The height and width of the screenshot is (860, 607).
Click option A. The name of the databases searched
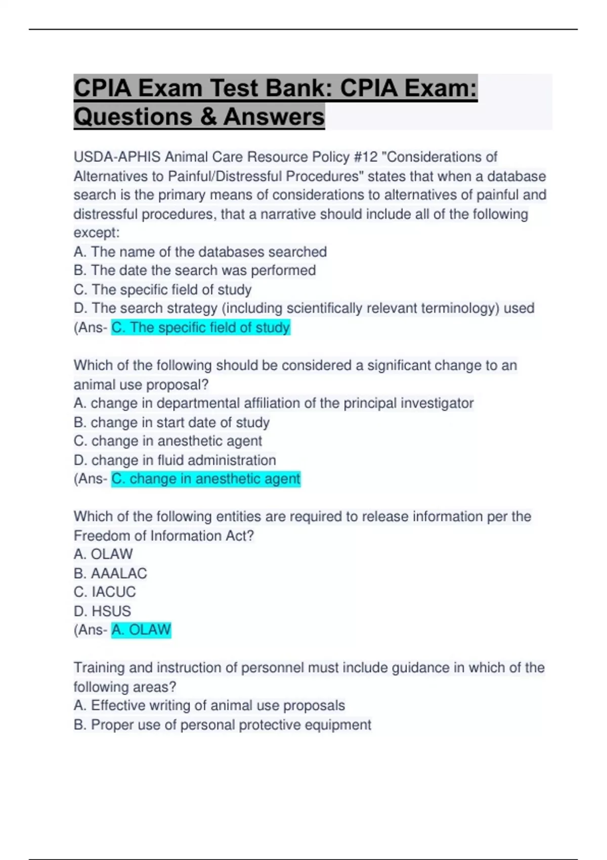200,251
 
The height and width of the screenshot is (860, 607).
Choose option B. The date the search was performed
195,270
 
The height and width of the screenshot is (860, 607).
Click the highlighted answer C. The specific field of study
201,327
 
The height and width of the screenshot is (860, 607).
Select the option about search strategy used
304,308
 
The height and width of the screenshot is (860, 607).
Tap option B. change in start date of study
171,422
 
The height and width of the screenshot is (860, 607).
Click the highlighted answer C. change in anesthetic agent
206,479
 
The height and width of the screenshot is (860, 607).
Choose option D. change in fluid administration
175,460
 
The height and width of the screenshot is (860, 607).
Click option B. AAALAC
110,573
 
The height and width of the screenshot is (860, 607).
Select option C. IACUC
105,592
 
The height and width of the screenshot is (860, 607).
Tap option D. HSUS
102,611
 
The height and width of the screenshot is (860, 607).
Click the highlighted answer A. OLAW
141,630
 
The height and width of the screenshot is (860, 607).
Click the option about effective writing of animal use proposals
209,705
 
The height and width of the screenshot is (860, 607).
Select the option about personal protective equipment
223,724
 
